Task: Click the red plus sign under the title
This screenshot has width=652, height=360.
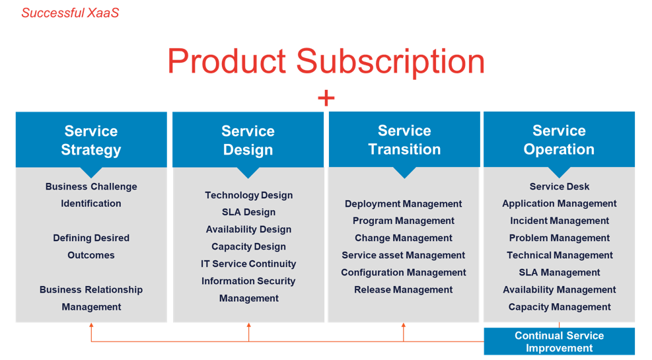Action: pos(326,99)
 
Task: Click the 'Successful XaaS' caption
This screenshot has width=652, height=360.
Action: pos(70,13)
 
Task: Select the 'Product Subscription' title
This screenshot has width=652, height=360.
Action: pos(326,61)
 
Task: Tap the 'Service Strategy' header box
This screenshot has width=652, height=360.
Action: pos(91,140)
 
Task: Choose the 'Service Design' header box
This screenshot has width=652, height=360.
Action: pos(248,140)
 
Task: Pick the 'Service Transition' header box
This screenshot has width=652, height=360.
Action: pos(404,140)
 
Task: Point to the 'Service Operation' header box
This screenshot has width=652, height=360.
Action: pos(559,140)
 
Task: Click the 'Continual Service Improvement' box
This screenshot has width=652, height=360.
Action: pos(559,342)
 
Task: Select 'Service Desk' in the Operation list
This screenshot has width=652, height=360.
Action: pos(560,187)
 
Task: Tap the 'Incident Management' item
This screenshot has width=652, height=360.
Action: pos(560,221)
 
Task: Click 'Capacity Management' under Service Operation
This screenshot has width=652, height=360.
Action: pos(560,307)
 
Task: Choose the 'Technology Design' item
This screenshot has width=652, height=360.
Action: pos(248,196)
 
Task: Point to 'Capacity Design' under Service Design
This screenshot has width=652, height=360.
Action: pos(248,247)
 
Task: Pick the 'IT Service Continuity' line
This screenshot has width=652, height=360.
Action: pos(248,264)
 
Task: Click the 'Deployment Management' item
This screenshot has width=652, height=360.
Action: pos(404,204)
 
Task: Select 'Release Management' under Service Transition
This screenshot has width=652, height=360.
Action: pos(404,290)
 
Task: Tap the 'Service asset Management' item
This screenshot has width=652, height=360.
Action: pos(404,256)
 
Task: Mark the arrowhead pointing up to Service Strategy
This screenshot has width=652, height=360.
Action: pos(91,326)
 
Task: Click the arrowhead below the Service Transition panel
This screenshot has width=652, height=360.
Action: pos(404,326)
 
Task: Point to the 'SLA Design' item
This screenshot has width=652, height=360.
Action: pos(248,213)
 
